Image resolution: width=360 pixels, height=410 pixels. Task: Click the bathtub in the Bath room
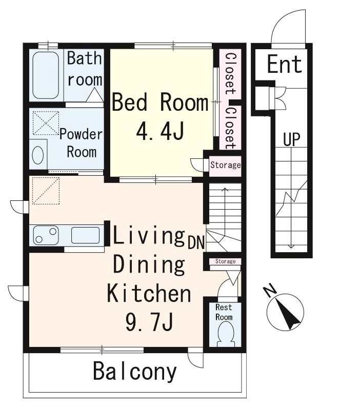pos(46,75)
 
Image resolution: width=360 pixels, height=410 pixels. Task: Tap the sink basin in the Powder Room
pos(38,155)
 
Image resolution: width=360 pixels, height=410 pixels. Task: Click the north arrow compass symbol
pos(285,309)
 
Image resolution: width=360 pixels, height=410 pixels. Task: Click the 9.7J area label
pos(149,321)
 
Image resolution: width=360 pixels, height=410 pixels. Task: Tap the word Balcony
pos(135,371)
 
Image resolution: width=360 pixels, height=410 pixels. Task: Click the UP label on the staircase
pos(291,139)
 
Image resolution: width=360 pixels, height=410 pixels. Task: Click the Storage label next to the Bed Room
pos(226,165)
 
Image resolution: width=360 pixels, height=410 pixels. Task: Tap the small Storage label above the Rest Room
pos(225,261)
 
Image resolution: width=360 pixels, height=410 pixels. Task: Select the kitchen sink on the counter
pos(85,235)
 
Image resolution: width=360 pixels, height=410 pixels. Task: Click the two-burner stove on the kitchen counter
pos(46,235)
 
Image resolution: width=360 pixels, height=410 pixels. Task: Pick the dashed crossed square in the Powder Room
pos(46,123)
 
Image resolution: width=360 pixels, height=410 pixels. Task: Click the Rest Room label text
pos(224,312)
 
